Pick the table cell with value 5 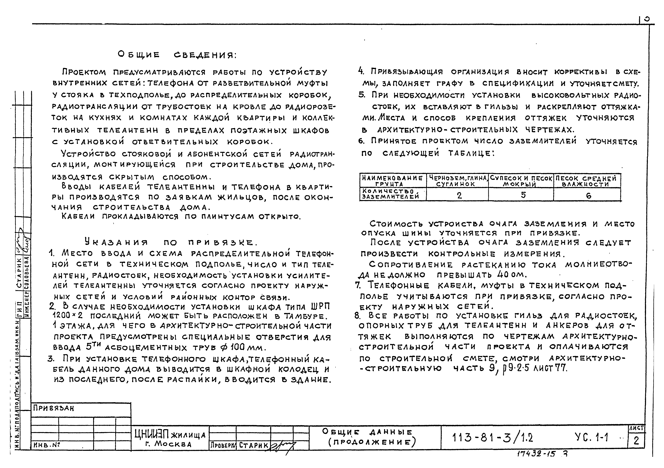pyautogui.click(x=523, y=195)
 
